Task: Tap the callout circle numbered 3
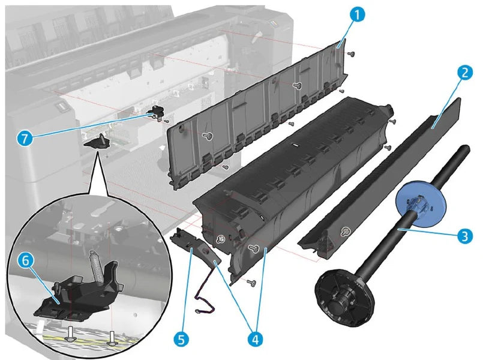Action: coord(463,236)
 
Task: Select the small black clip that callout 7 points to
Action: coord(158,110)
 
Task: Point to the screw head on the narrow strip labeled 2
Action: coord(346,232)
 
